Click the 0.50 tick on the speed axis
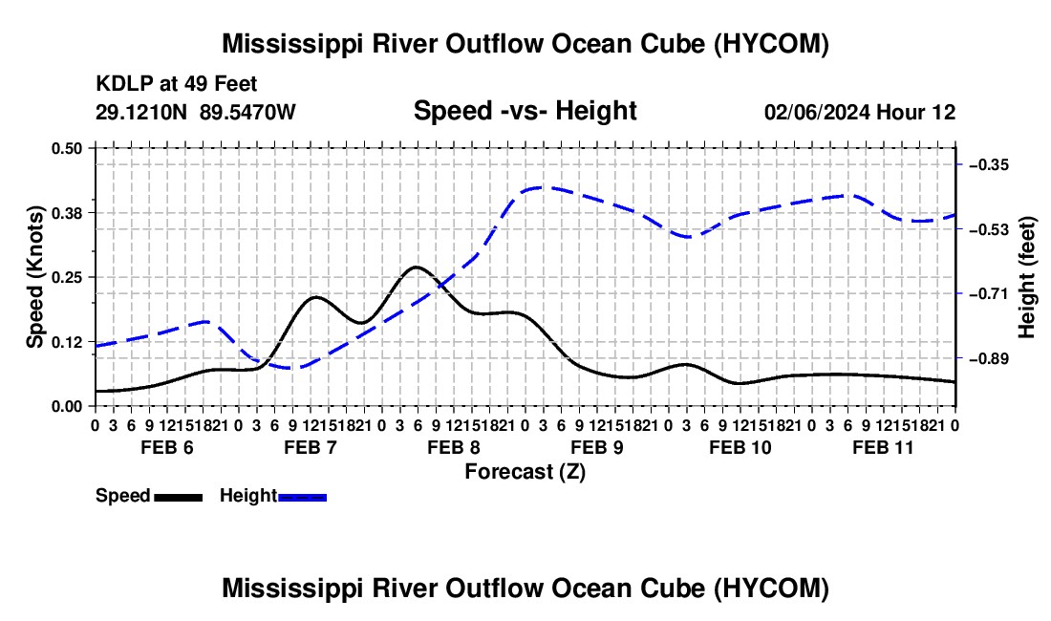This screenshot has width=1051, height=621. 66,149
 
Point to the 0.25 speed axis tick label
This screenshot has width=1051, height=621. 66,277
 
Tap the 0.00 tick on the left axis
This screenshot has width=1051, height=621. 66,407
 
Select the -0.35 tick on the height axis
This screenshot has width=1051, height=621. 989,164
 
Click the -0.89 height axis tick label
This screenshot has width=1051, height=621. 989,358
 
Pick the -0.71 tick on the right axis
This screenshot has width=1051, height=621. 989,293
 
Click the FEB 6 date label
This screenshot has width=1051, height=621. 167,447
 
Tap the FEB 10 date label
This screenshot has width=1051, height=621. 740,447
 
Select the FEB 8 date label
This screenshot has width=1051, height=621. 454,447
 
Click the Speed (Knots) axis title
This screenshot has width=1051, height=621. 34,277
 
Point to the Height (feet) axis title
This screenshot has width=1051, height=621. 1027,277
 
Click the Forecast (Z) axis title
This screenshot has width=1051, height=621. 525,472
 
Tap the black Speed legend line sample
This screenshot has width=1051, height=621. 179,497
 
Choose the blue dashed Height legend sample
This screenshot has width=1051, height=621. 302,497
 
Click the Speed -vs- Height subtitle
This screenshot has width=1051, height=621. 525,111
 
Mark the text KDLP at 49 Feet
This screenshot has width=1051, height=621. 177,84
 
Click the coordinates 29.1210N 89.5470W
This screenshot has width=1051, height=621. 195,112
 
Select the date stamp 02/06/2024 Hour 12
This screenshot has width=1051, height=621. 860,112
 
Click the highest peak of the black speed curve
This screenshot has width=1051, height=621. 417,267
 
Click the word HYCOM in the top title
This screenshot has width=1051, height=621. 770,44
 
